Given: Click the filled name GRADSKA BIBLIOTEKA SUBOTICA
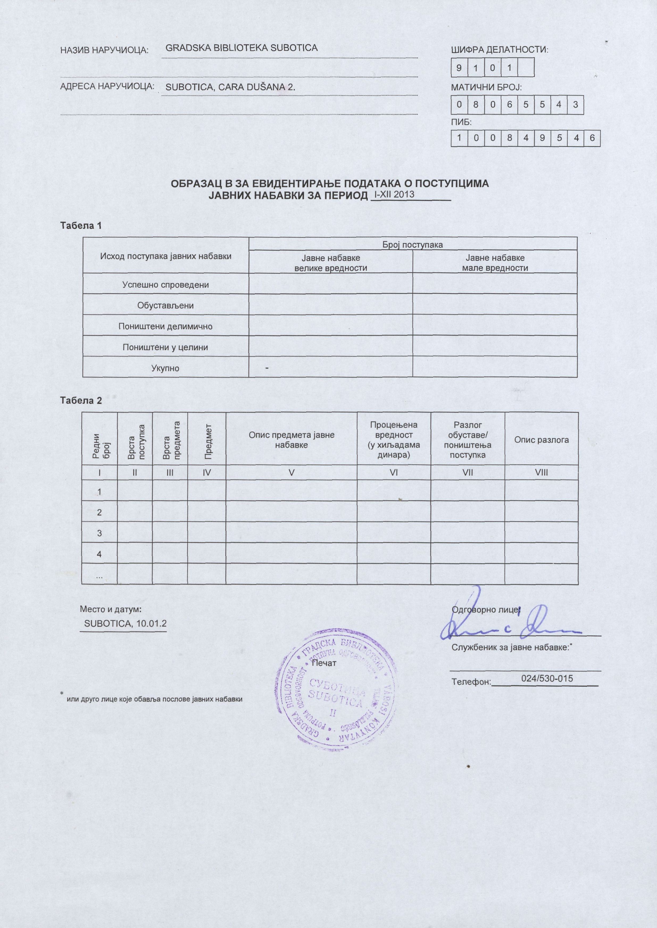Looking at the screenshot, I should coord(242,48).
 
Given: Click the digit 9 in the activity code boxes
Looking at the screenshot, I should coord(459,67).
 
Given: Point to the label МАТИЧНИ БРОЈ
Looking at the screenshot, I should coord(486,87).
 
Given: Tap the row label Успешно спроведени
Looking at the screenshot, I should coord(165,285).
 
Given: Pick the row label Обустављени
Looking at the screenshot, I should coord(165,305).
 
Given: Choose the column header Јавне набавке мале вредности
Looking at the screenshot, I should coord(495,263).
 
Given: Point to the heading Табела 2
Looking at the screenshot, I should coord(81,401).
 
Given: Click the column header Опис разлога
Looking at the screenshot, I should coord(541,440).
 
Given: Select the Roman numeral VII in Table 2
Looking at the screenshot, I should coord(467,472).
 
